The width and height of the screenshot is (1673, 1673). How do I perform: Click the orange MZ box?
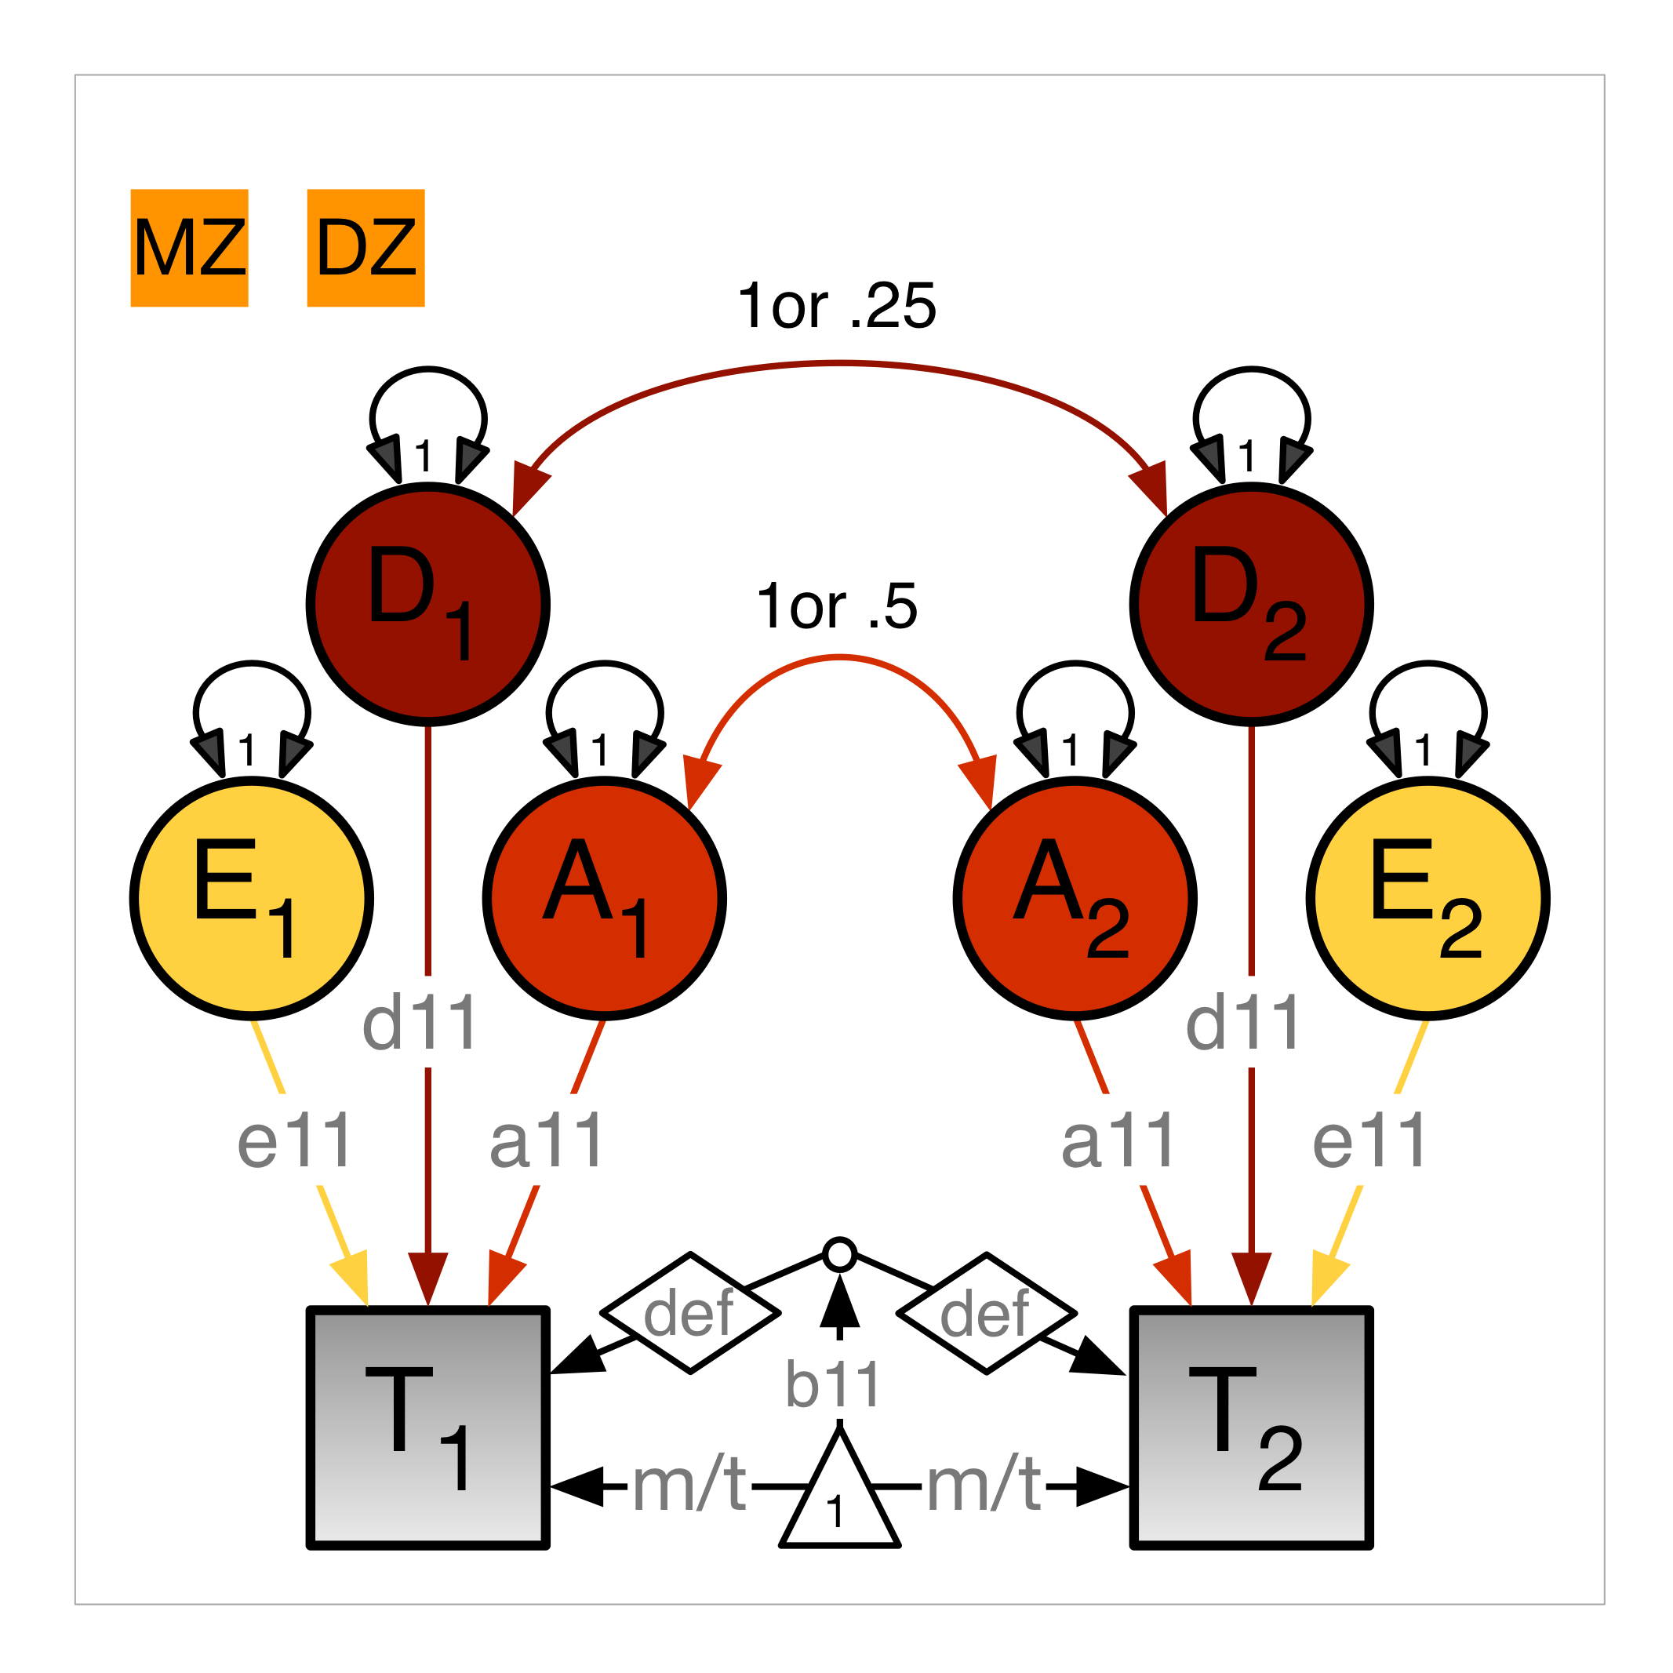tap(190, 248)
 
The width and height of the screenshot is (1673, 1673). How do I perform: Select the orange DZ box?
tap(366, 248)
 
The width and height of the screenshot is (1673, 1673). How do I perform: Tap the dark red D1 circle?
tap(427, 604)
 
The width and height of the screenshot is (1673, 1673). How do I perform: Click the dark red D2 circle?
tap(1250, 604)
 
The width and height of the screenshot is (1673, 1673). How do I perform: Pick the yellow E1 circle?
tap(252, 898)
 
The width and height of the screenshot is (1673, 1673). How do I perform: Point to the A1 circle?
tap(605, 898)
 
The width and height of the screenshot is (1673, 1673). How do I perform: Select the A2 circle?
tap(1075, 898)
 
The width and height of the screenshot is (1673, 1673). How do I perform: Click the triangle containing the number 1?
tap(839, 1498)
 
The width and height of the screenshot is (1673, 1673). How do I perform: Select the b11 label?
tap(833, 1384)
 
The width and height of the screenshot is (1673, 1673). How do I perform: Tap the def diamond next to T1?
tap(690, 1313)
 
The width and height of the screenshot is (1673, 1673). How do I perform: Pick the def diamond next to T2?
tap(986, 1313)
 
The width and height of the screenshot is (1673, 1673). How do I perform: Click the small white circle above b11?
tap(839, 1255)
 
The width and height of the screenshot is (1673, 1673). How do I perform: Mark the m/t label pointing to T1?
tap(690, 1484)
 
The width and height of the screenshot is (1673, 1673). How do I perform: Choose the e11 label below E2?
tap(1369, 1140)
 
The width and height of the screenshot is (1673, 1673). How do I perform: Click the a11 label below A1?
tap(547, 1140)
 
